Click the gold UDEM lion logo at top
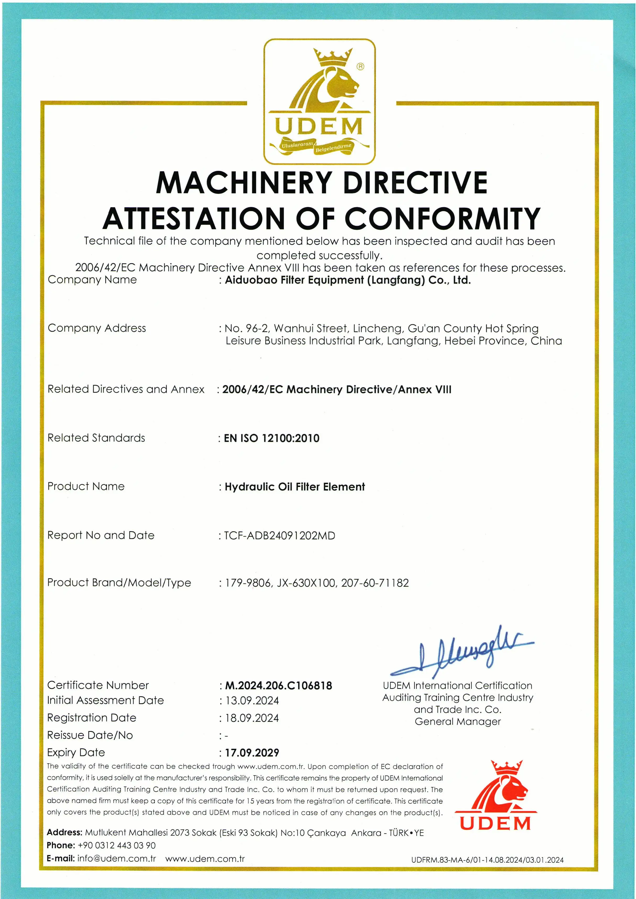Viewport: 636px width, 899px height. [x=319, y=101]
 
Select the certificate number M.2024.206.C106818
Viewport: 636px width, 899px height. [x=278, y=686]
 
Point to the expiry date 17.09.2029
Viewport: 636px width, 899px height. [x=252, y=752]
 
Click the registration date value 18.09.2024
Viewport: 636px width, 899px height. [x=252, y=718]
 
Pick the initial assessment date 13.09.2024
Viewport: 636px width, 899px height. [x=252, y=700]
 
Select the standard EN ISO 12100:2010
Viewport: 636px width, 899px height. [x=272, y=438]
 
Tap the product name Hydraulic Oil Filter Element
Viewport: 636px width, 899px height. [x=295, y=487]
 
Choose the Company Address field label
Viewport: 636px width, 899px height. [x=97, y=328]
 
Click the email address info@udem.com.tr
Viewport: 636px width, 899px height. [x=116, y=859]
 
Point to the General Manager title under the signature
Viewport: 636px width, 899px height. [x=458, y=721]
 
